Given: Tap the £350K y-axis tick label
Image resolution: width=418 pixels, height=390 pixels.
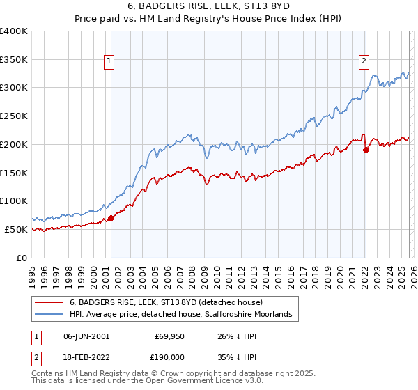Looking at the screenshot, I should tap(14, 60).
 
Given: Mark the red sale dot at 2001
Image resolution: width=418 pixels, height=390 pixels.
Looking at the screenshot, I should tap(111, 218).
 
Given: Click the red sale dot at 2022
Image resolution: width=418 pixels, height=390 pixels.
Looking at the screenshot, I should tap(366, 150).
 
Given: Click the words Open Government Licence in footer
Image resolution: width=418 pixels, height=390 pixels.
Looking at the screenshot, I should tap(192, 382).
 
